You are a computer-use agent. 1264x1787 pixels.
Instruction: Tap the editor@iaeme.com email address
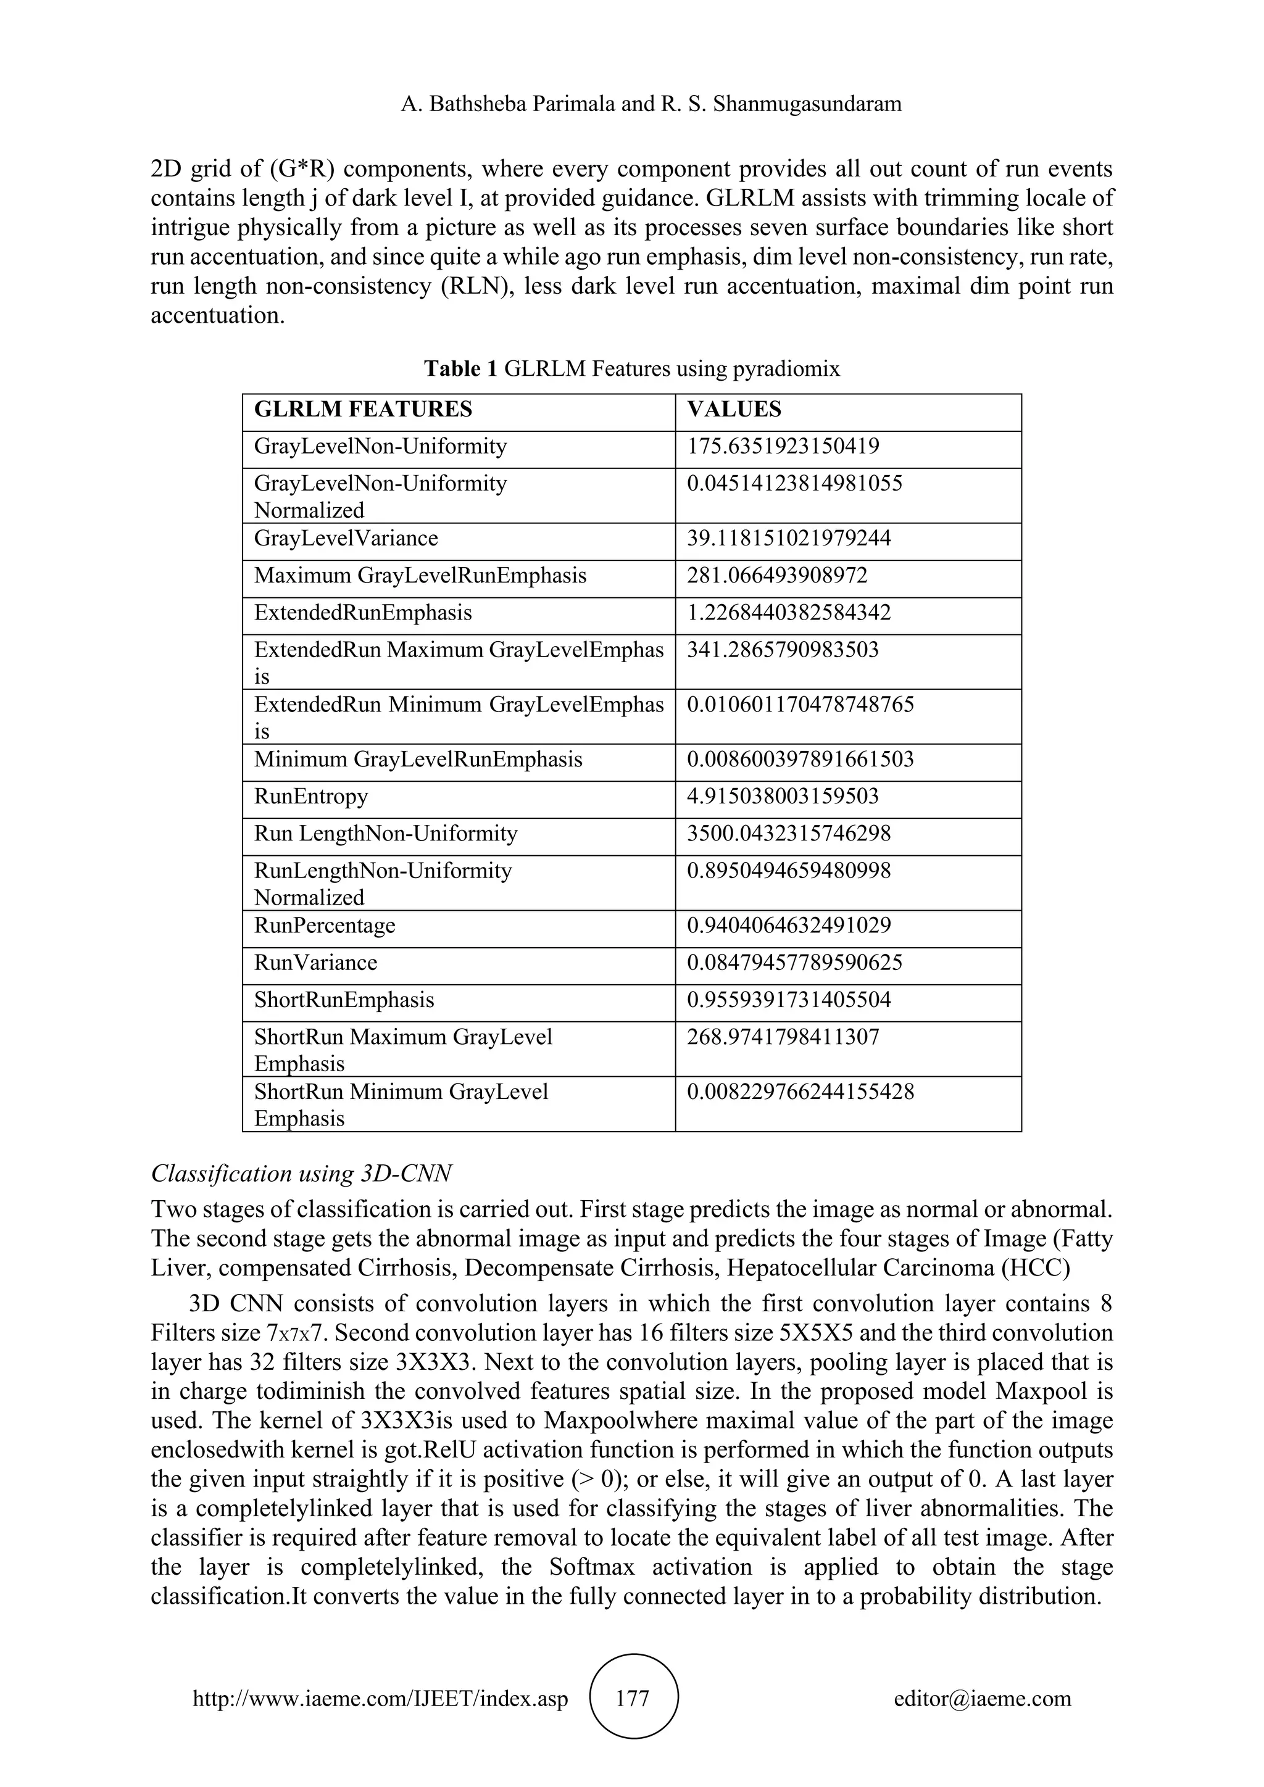(981, 1698)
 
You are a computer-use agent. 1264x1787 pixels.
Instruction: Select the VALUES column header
(734, 409)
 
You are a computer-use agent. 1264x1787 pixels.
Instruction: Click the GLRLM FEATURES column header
(363, 409)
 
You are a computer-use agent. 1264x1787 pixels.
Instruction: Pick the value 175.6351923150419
(783, 447)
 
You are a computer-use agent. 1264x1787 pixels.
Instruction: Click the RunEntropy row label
(310, 796)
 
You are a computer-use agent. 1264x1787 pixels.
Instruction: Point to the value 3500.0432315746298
(788, 834)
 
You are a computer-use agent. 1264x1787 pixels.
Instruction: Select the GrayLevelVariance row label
(346, 539)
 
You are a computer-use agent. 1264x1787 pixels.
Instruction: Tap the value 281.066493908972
(777, 576)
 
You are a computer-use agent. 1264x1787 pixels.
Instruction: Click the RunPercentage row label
(325, 926)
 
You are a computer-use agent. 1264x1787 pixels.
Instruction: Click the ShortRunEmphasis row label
(344, 1000)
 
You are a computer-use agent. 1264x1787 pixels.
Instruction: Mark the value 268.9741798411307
(783, 1037)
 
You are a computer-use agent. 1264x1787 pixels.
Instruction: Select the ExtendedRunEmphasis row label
(363, 613)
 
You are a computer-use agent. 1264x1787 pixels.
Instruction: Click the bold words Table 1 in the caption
(460, 368)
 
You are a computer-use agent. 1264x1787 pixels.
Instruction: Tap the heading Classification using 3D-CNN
(301, 1173)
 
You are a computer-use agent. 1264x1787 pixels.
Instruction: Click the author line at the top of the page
(651, 104)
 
